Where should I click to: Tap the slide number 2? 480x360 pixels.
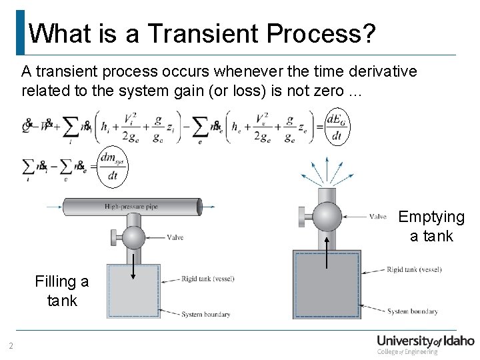tap(11, 345)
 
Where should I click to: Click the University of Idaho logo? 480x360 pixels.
tap(425, 345)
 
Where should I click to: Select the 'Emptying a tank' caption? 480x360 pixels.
tap(431, 227)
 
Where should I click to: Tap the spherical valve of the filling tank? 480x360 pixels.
tap(133, 237)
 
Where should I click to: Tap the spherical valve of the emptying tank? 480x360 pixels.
tap(327, 216)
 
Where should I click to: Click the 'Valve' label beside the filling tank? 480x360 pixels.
tap(175, 237)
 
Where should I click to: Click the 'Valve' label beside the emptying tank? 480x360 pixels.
tap(377, 216)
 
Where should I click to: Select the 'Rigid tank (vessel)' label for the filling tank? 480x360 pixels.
tap(207, 279)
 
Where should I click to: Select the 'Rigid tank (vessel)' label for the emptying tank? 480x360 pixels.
tap(414, 270)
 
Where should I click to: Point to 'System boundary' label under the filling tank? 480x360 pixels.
tap(206, 314)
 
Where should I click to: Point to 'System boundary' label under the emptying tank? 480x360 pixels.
tap(413, 311)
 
